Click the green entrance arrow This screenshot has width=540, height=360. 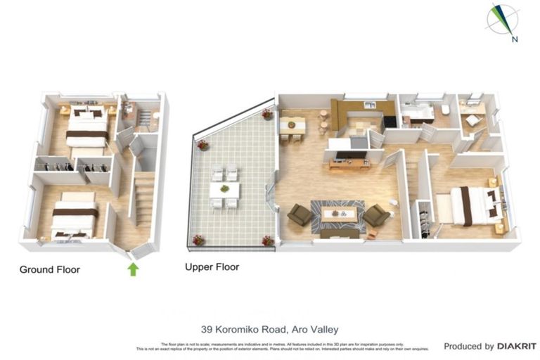point(133,269)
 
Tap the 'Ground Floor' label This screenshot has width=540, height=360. point(49,269)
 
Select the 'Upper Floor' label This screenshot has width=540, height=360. point(212,267)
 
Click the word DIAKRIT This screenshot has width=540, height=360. point(517,346)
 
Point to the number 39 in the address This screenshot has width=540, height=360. point(207,329)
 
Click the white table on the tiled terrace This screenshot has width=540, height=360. point(224,190)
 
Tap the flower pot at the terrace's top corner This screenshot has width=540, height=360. point(267,114)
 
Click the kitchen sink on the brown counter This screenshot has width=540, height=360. point(368,105)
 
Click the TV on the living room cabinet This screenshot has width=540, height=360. point(349,151)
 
